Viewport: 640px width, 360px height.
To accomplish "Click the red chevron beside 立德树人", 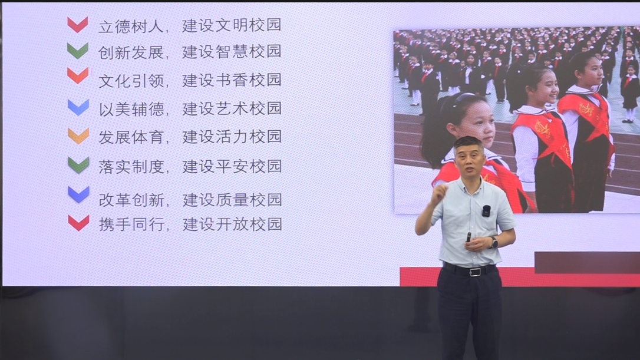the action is click(78, 25).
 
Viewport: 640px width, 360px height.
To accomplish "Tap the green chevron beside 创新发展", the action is click(78, 51).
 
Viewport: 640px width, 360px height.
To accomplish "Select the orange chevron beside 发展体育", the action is click(78, 136).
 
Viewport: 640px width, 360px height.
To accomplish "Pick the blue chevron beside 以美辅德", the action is click(78, 107).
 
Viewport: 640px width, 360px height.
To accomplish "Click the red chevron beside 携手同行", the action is click(78, 223).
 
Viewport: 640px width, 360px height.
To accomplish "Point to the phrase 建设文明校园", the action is click(232, 25).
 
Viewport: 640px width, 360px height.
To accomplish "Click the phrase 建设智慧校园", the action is click(232, 51).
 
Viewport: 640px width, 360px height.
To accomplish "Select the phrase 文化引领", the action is click(131, 81).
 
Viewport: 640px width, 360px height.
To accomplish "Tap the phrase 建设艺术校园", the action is click(232, 108).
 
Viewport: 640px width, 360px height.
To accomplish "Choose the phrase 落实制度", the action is click(131, 167).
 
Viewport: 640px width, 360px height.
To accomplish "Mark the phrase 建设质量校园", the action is click(232, 200).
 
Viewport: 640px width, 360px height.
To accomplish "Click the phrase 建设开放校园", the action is click(232, 224).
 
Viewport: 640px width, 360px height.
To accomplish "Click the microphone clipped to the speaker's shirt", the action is click(486, 210).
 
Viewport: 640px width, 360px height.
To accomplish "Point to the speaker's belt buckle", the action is click(474, 272).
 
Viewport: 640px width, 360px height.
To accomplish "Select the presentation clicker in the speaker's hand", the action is click(469, 237).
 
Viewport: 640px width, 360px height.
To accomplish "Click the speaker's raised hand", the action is click(439, 193).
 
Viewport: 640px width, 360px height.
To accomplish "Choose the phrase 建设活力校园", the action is click(232, 137).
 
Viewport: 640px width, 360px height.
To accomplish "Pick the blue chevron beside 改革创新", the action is click(78, 194).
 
